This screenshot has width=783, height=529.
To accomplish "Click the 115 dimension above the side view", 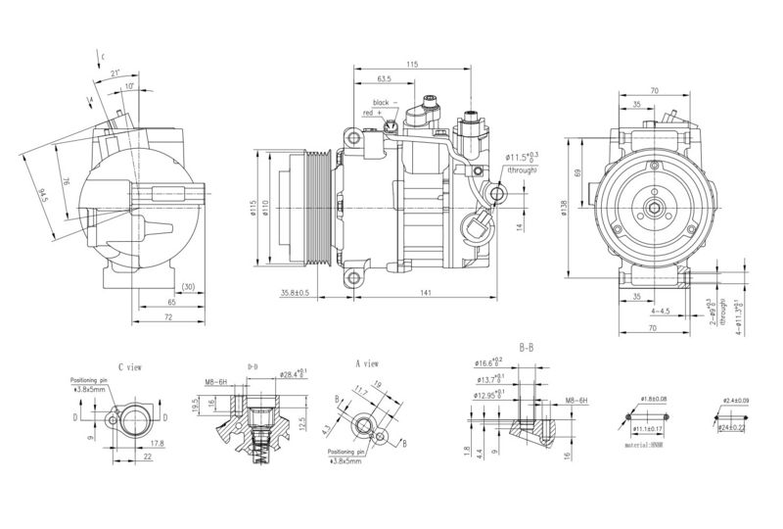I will pos(412,64).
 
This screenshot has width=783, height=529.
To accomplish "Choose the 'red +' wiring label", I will pos(373,114).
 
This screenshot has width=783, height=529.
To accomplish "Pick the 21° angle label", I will pos(115,73).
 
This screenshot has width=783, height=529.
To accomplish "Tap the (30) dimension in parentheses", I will pos(187,287).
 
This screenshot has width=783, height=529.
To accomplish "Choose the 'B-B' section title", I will pos(527,348).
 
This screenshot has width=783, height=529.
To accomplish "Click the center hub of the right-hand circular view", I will pos(653,208).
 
